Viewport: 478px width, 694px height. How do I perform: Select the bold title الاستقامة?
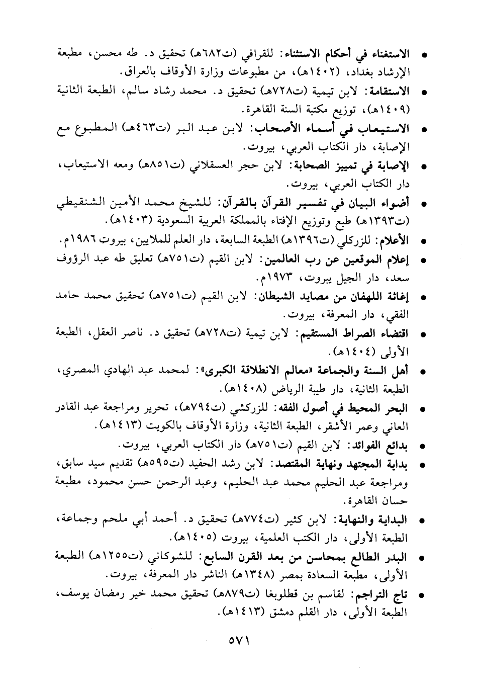pyautogui.click(x=388, y=92)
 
